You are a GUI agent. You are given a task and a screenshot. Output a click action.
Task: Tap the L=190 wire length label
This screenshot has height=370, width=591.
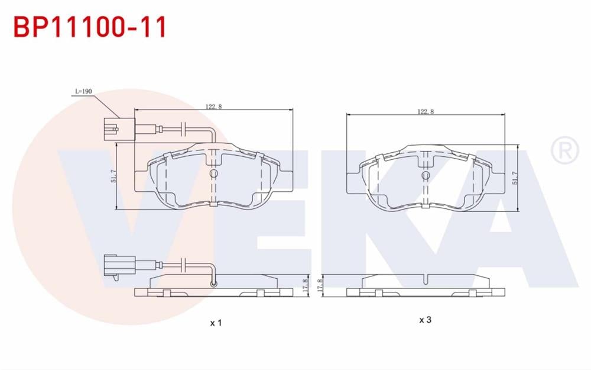tap(83, 92)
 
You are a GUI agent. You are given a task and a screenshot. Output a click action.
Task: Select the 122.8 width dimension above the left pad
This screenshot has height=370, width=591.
tap(213, 107)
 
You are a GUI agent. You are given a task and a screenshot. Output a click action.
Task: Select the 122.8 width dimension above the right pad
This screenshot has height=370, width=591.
tap(426, 111)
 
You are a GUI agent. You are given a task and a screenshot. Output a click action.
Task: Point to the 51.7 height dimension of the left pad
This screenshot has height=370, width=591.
tap(113, 176)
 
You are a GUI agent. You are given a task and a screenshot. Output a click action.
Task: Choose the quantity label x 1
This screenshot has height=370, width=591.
tap(216, 323)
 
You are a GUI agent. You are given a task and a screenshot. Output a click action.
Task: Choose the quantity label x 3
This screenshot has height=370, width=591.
tap(425, 320)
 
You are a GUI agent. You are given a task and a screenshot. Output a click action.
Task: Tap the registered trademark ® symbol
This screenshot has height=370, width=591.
tap(564, 151)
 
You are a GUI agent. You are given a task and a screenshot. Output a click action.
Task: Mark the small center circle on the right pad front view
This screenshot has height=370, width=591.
tap(426, 176)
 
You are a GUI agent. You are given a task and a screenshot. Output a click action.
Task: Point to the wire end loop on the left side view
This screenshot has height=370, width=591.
tap(214, 285)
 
